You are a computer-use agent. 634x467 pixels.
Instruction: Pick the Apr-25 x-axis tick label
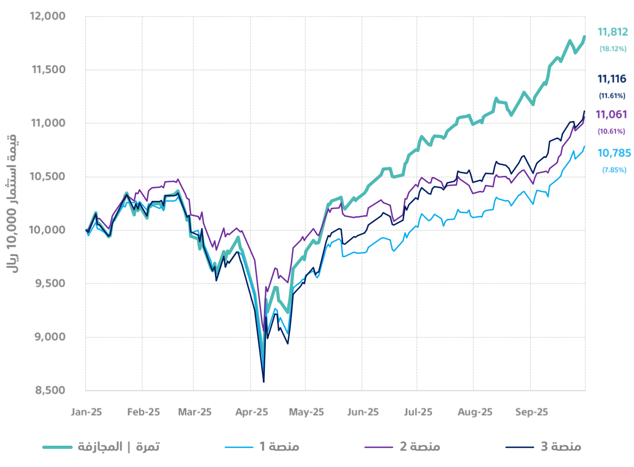pyautogui.click(x=252, y=412)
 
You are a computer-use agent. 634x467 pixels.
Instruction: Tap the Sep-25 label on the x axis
pyautogui.click(x=530, y=412)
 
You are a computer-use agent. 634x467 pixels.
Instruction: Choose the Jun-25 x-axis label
pyautogui.click(x=362, y=412)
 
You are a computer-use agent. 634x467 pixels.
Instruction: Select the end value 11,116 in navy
pyautogui.click(x=612, y=79)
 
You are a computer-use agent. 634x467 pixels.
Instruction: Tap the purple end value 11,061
pyautogui.click(x=612, y=114)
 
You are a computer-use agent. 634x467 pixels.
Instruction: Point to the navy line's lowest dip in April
pyautogui.click(x=264, y=381)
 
